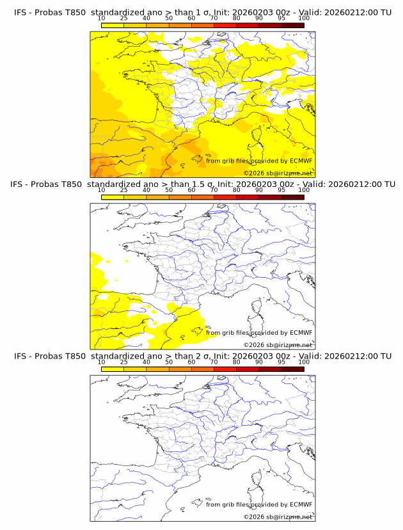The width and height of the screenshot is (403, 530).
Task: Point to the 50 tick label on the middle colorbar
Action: coord(169,190)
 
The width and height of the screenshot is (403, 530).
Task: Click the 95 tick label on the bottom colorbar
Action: coord(281,362)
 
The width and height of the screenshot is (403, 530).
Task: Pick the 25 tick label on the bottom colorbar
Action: coord(123,362)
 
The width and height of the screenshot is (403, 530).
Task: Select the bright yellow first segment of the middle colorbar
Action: coord(112,197)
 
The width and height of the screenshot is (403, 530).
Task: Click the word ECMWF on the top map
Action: coord(301,161)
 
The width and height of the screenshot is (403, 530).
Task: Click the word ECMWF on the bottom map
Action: coord(301,504)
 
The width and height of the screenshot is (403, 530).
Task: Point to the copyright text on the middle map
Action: coord(278,344)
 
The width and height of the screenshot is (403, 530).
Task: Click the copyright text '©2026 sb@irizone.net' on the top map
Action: coord(278,173)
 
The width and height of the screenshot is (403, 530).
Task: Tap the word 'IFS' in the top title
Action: coord(21,12)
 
